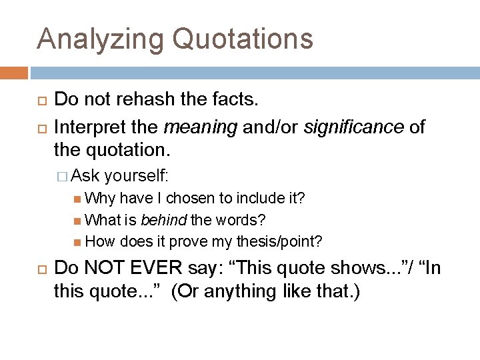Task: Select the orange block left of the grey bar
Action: point(14,71)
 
